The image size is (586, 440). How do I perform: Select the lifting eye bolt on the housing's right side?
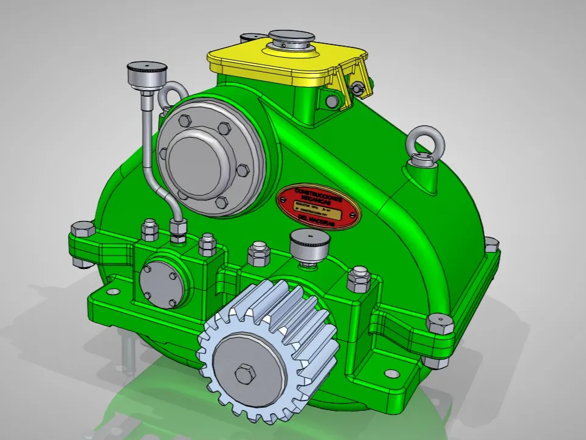pos(426,144)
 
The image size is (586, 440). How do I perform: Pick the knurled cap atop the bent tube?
pos(143,75)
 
